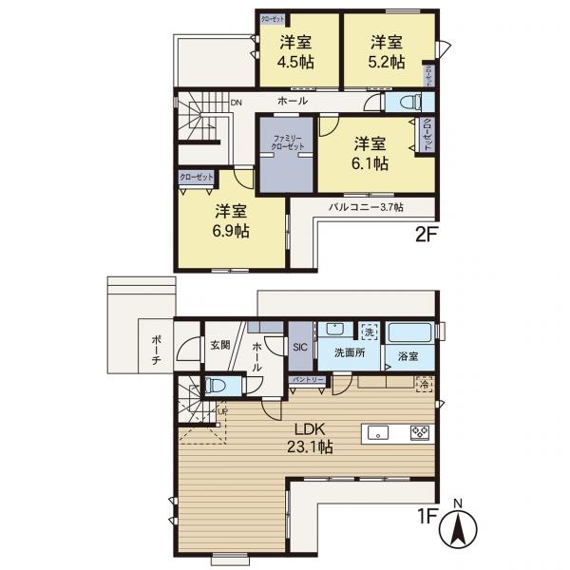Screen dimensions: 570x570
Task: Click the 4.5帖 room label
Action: [x=295, y=52]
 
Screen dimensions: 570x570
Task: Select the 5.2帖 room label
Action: [x=387, y=52]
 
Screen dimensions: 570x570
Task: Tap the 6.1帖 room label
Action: [x=371, y=153]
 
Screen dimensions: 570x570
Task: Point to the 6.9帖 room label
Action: [x=231, y=220]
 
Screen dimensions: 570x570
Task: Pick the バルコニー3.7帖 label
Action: [x=366, y=206]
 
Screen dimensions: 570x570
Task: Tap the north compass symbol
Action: [x=458, y=527]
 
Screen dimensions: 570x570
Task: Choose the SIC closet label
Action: [x=298, y=348]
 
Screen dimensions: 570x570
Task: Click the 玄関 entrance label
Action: [x=220, y=345]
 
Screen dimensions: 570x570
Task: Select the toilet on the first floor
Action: [x=214, y=387]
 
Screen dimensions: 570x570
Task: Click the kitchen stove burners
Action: [x=419, y=433]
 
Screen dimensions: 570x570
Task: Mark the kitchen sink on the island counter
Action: [x=377, y=433]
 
